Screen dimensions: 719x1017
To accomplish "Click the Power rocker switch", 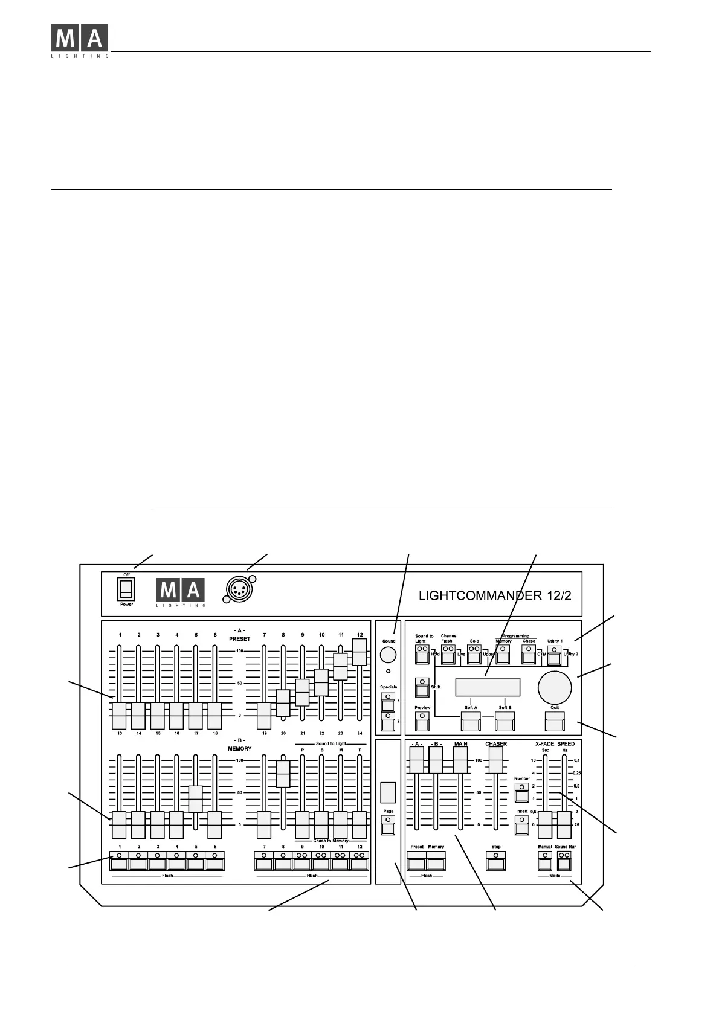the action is pos(125,589).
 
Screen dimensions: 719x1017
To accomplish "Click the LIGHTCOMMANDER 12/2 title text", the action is pos(495,595).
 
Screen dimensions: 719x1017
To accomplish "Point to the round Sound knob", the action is pos(388,655).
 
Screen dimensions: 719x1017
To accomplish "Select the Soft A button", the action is pos(471,721).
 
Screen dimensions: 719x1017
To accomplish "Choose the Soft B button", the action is pos(505,721).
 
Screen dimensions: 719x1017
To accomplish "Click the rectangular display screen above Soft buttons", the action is pos(488,687).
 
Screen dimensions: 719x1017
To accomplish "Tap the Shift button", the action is pos(422,687).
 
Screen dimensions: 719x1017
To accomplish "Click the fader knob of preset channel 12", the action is pos(359,652).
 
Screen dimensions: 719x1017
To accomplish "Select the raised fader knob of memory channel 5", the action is pos(196,799).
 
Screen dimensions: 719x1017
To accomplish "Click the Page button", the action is pos(389,826).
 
